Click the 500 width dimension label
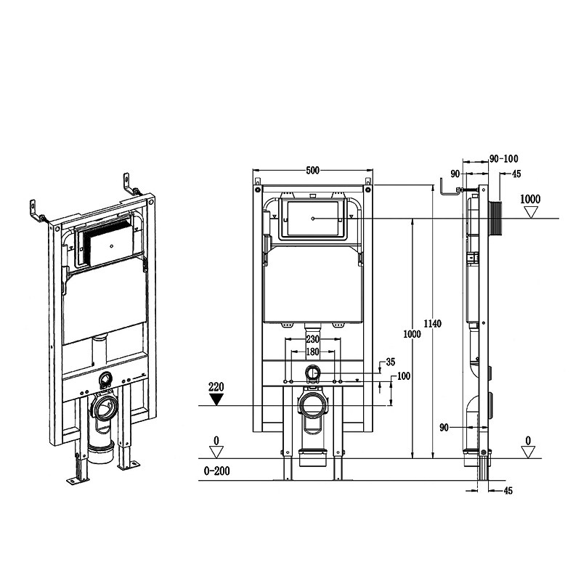point(313,170)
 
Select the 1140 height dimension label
point(432,324)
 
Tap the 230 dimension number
point(313,339)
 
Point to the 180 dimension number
point(313,352)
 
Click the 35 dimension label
point(391,362)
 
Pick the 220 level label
point(216,387)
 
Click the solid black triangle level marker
point(216,399)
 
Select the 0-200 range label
point(216,471)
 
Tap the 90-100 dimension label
point(503,159)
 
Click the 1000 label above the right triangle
point(530,199)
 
